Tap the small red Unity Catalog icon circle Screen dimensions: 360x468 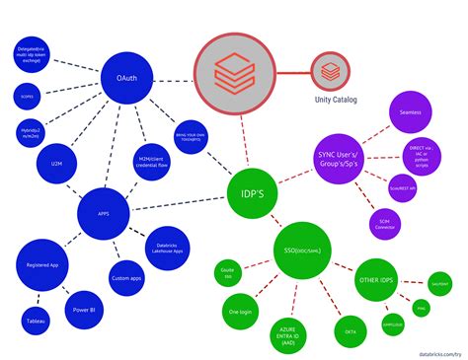coord(328,71)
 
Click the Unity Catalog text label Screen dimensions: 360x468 coord(337,101)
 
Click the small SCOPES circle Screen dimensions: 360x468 coord(27,97)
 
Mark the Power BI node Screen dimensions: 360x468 coord(83,309)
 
